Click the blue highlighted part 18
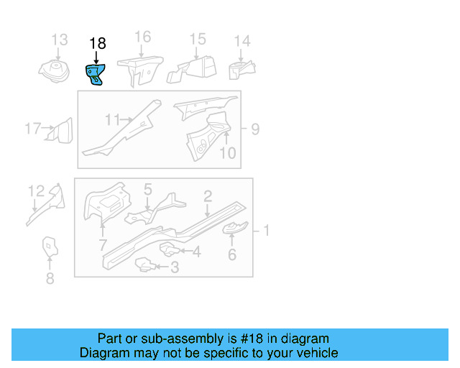click(95, 73)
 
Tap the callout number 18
click(97, 44)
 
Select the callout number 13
click(59, 40)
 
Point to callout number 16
click(142, 37)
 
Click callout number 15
click(198, 39)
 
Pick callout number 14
click(242, 41)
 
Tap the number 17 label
click(32, 129)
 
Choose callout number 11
click(112, 119)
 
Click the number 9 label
click(254, 129)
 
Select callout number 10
click(227, 153)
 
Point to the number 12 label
click(36, 190)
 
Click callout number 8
click(50, 277)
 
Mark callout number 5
click(147, 190)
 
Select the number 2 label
click(207, 195)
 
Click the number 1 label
click(266, 231)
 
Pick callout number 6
click(232, 254)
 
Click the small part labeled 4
click(168, 249)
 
